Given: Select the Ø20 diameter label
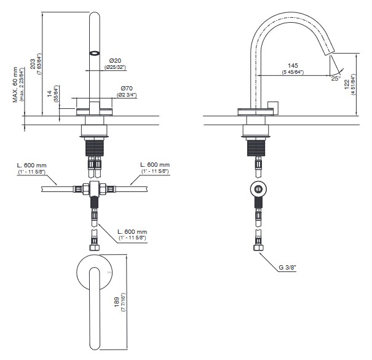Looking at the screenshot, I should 114,60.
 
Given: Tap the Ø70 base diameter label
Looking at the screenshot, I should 127,89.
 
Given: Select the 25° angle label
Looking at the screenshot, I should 336,78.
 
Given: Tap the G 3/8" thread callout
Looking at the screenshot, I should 288,268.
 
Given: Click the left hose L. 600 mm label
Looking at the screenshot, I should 32,164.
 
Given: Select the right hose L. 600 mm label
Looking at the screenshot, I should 154,164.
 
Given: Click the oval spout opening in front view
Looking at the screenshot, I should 94,52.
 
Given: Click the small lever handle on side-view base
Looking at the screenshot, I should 274,106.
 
